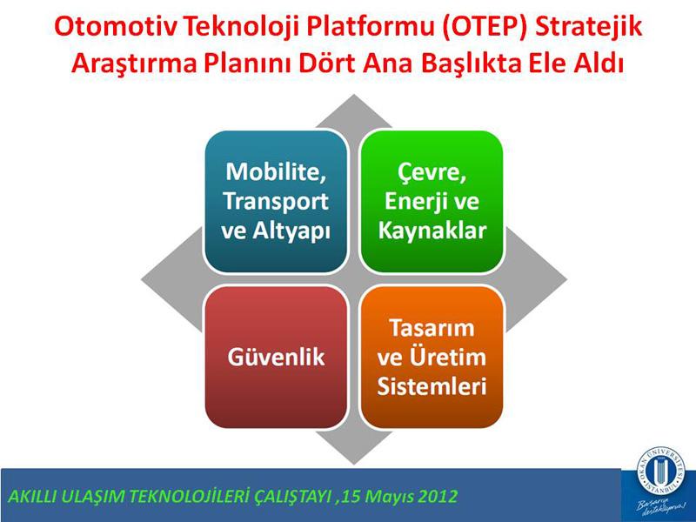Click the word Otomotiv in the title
coord(116,27)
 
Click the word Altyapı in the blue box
coord(292,231)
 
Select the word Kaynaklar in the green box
coord(432,231)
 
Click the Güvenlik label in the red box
coord(276,358)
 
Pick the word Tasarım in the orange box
coord(432,328)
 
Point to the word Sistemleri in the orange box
coord(432,386)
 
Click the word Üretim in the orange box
coord(447,358)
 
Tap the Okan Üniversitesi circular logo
coord(660,469)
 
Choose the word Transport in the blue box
coord(276,202)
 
